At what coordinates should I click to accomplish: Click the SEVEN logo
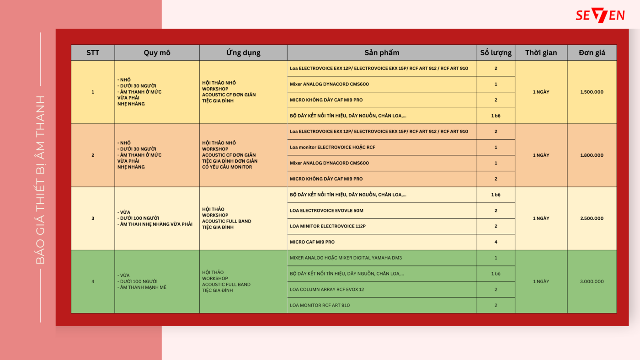[600, 15]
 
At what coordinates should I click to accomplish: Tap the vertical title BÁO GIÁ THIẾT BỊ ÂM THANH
[41, 180]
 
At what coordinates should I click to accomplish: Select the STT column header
[93, 53]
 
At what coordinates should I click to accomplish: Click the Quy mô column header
[157, 53]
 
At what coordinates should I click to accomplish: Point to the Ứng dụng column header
[243, 53]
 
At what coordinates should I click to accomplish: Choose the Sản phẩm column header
[382, 53]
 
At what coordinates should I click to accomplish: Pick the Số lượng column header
[496, 53]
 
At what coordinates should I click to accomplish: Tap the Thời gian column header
[541, 53]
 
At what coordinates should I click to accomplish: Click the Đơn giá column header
[592, 53]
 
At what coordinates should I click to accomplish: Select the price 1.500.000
[592, 92]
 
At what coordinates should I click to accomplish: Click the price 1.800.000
[592, 155]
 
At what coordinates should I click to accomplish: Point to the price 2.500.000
[592, 218]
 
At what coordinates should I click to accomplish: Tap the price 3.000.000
[592, 281]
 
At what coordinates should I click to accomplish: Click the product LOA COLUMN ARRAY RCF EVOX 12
[327, 289]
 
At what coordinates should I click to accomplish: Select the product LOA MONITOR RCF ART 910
[320, 305]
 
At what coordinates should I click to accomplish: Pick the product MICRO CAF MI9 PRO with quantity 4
[312, 242]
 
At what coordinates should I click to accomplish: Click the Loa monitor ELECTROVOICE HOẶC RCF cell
[332, 147]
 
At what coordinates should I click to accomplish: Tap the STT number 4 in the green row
[93, 281]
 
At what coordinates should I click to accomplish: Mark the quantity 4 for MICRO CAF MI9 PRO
[496, 242]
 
